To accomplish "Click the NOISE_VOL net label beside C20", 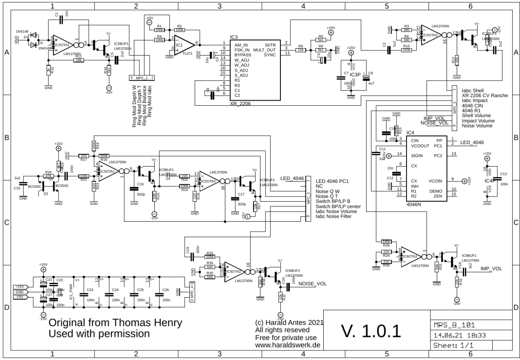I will tap(313, 284).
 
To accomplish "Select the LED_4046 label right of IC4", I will tap(472, 142).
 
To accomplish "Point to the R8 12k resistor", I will tap(300, 50).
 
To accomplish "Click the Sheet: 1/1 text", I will tap(449, 345).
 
